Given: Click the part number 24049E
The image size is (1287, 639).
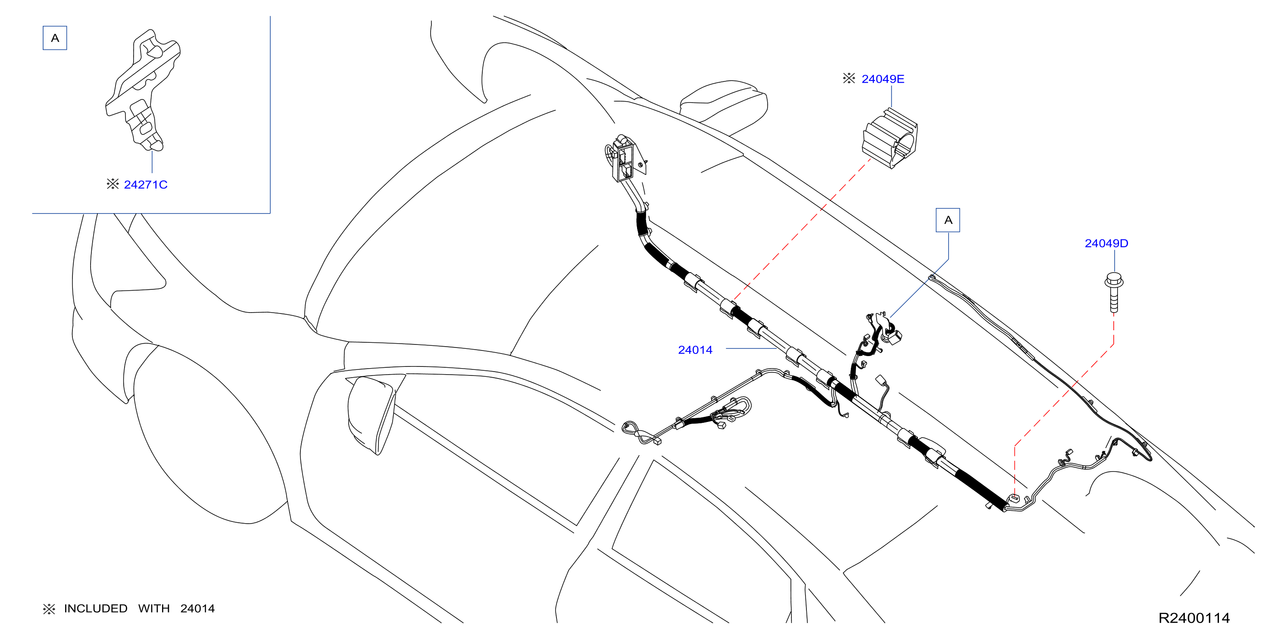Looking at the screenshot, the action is pos(883,79).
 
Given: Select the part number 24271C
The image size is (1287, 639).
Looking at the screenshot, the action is pos(145,185).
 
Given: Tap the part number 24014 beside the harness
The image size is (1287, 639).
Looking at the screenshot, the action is pos(695,350).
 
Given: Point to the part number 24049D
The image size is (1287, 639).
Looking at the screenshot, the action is pos(1106,243).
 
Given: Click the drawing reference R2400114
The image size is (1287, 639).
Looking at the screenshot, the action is pos(1194,618).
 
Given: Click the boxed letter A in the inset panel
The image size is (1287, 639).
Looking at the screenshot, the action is pos(55,38).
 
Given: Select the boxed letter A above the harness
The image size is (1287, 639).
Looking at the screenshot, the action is pos(948,220).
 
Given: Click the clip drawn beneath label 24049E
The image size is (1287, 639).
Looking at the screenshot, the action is pos(890,138).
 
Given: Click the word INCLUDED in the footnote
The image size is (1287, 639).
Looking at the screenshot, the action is pos(95,608).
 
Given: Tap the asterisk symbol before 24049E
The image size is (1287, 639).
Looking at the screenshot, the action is pos(849,78).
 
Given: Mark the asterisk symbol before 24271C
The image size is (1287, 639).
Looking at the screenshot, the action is pos(112,184).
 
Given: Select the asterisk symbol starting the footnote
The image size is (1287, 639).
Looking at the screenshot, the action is pos(49,608).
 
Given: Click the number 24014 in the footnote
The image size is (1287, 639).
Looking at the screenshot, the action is pos(197,608).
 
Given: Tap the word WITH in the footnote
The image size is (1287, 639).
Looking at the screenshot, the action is pos(154,608).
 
